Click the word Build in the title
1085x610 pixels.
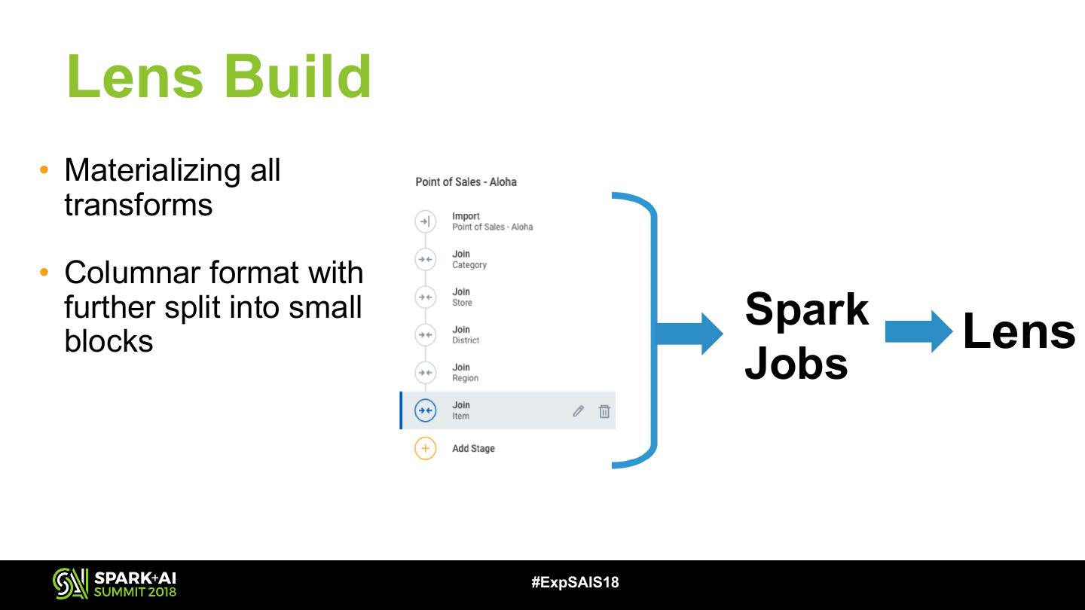(298, 77)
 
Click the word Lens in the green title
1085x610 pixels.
(135, 77)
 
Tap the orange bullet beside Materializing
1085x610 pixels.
(44, 169)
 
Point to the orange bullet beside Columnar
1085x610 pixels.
(44, 272)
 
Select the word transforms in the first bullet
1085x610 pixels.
(138, 205)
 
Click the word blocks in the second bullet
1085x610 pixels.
(108, 340)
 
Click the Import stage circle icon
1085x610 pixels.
(425, 221)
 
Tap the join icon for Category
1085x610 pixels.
(425, 260)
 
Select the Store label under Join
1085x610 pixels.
(462, 303)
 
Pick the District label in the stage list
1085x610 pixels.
(466, 340)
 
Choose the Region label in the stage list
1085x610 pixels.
(465, 378)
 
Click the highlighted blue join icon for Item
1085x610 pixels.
(425, 410)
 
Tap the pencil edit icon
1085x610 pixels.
(578, 411)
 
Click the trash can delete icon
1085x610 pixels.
(604, 411)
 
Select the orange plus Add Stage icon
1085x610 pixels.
(425, 448)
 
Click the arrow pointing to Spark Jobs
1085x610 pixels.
(689, 334)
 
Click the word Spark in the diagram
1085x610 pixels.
(806, 310)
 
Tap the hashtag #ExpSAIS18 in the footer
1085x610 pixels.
(575, 582)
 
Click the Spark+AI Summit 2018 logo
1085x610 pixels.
(115, 584)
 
